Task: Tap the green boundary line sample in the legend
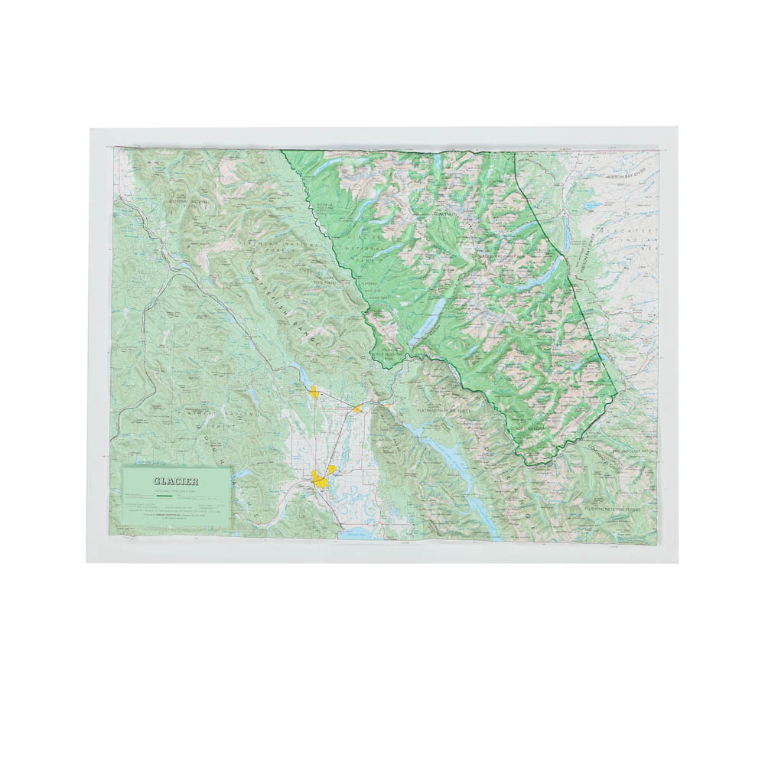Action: click(x=163, y=496)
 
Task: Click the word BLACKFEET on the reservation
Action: click(x=628, y=230)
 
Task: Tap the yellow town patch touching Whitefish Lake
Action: click(x=314, y=392)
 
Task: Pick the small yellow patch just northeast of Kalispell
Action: click(x=332, y=468)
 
